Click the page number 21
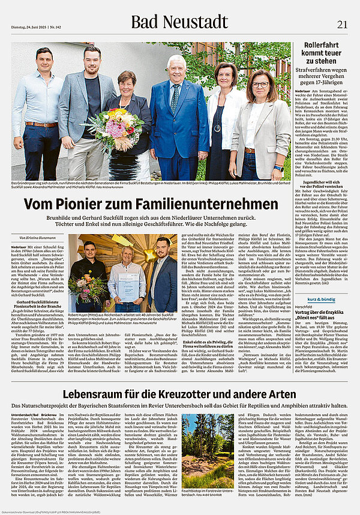pyautogui.click(x=342, y=23)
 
